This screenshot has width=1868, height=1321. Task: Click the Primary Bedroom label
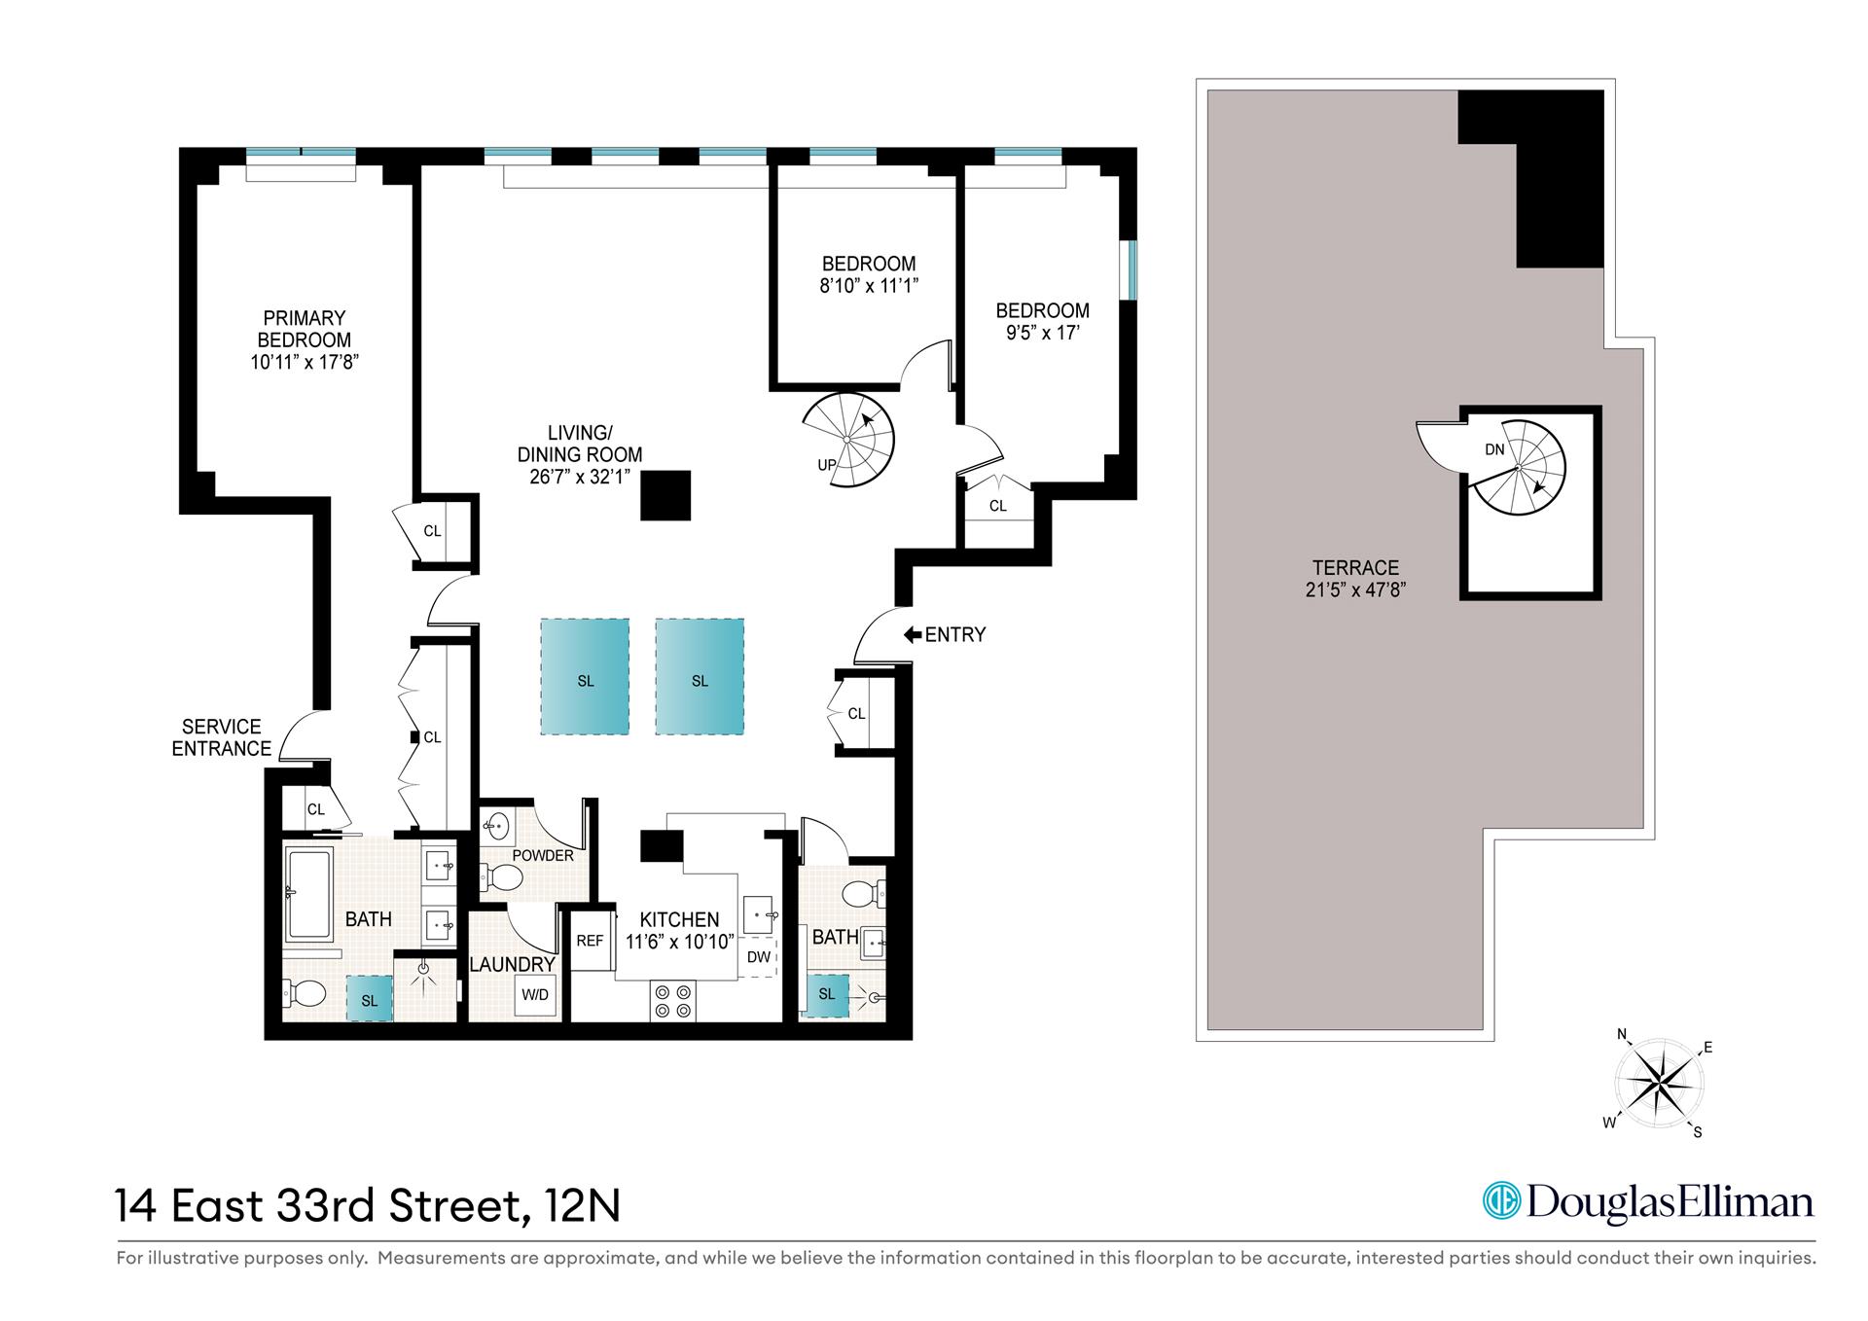[304, 329]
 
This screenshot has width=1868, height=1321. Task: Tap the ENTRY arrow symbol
[913, 635]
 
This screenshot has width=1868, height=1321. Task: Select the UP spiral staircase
[848, 440]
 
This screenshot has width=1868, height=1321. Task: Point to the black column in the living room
[665, 495]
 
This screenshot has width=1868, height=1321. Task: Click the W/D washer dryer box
[535, 994]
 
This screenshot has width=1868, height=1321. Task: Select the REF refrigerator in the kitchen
[590, 941]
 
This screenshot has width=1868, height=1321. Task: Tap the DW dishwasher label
[759, 957]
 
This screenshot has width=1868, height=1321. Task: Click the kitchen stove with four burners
[673, 1002]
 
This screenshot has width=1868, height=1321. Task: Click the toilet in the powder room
[504, 877]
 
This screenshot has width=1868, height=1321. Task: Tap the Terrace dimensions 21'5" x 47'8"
[1355, 589]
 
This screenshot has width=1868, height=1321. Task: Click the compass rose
[1659, 1083]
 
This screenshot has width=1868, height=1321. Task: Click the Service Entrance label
[222, 737]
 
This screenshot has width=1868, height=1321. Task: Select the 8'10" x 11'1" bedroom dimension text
[869, 286]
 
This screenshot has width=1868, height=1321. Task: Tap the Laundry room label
[512, 964]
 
